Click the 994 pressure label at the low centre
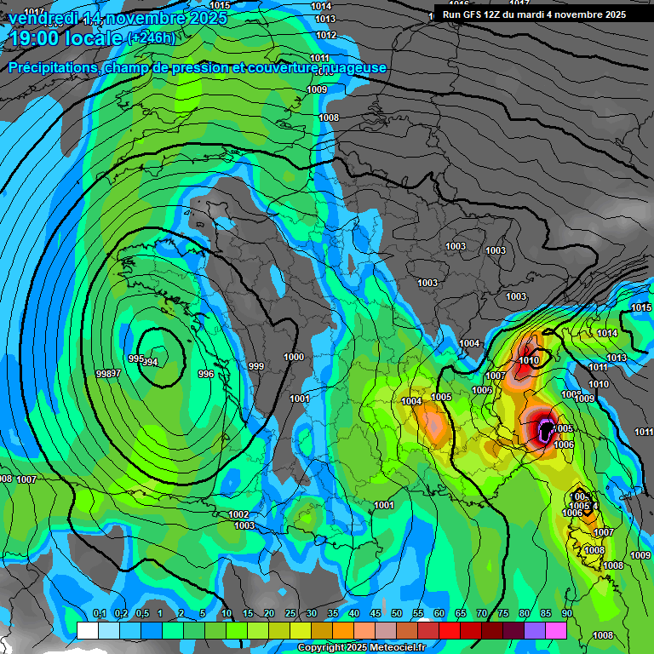[x=151, y=362]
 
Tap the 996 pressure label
[x=205, y=374]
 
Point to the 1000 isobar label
[x=294, y=357]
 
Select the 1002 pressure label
[x=238, y=514]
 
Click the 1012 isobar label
[x=325, y=35]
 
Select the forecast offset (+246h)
[x=152, y=37]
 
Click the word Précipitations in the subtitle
[x=54, y=67]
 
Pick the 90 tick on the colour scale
[x=567, y=613]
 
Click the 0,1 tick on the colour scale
[x=99, y=613]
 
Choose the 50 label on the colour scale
[x=397, y=613]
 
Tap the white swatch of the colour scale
[x=87, y=630]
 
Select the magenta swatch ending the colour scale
[x=556, y=630]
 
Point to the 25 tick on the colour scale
[x=290, y=613]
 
